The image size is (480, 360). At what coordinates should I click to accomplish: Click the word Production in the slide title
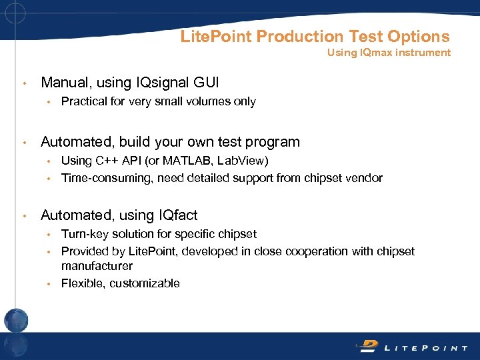pyautogui.click(x=299, y=36)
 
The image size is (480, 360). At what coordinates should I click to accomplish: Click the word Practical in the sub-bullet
pyautogui.click(x=83, y=102)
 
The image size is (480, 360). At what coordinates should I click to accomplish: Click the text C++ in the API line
pyautogui.click(x=105, y=161)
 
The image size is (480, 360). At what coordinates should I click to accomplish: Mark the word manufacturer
pyautogui.click(x=97, y=266)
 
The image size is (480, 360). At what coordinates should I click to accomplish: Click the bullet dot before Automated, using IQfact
pyautogui.click(x=25, y=216)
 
